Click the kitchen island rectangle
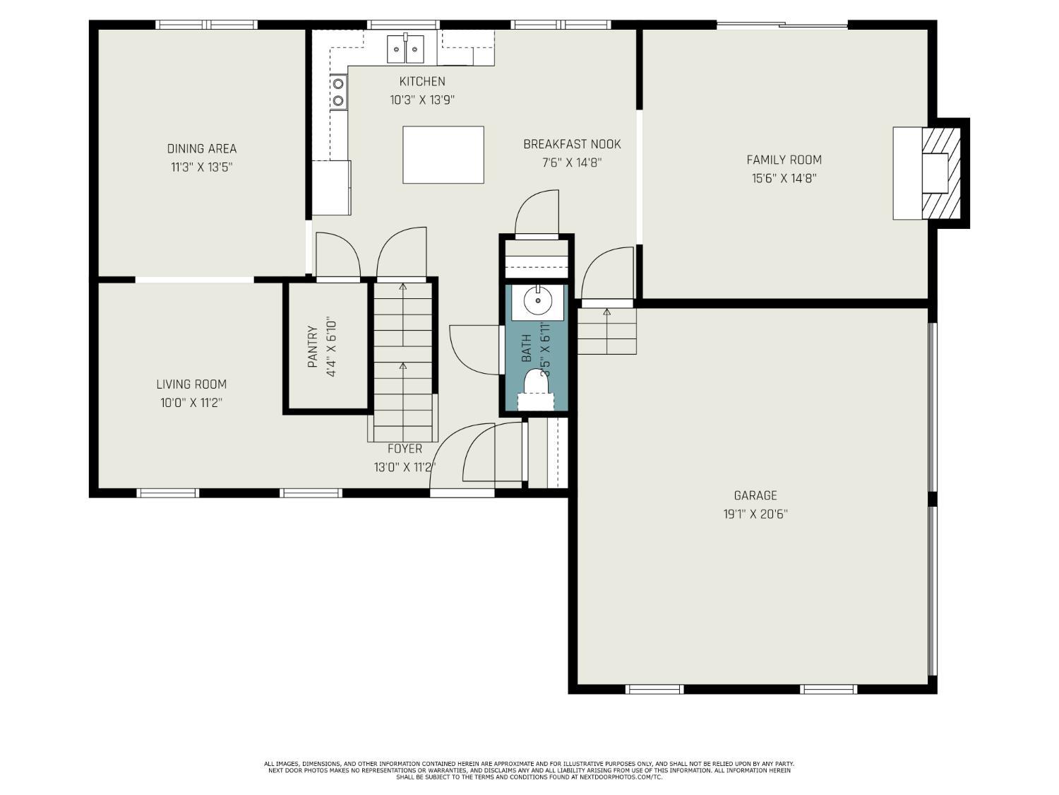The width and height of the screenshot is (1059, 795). (443, 155)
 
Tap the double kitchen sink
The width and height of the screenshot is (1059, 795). (405, 48)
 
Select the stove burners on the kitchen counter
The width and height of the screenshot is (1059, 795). (339, 92)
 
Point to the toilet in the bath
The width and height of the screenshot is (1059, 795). (537, 389)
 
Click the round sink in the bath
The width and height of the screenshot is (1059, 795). (538, 302)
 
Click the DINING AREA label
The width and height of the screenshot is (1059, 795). (202, 148)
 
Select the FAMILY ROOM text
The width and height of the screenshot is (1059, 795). (784, 160)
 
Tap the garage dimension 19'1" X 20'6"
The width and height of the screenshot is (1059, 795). (755, 514)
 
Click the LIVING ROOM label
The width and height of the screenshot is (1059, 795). (191, 384)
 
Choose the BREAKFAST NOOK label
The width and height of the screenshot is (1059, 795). (572, 144)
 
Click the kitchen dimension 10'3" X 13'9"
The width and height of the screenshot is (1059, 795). (422, 100)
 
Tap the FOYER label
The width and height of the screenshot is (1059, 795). (405, 449)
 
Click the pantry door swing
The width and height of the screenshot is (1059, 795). (337, 257)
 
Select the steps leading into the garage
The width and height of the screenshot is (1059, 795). (607, 331)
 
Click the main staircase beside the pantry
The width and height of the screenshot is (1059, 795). (402, 360)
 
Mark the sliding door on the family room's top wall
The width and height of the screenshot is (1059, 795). (782, 26)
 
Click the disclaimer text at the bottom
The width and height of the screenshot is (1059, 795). (529, 770)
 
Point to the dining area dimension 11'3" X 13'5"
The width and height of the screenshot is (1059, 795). (202, 167)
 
